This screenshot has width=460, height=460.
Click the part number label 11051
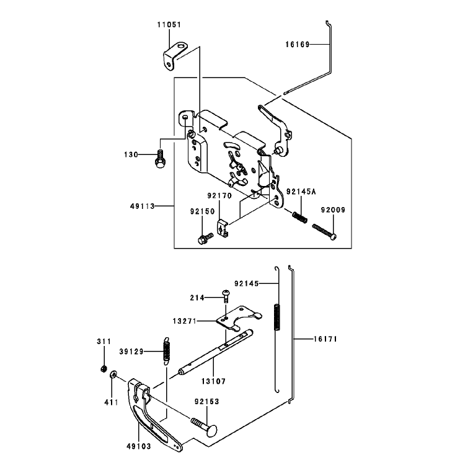(169, 25)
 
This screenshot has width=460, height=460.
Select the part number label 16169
(298, 44)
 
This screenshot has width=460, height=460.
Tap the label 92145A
(301, 192)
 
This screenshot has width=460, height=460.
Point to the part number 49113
(143, 206)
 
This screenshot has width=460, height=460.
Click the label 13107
(213, 381)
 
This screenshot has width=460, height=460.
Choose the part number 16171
(325, 339)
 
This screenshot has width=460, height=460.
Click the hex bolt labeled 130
(159, 159)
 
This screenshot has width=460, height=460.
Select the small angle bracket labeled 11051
(175, 55)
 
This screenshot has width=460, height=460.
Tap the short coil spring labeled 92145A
(300, 217)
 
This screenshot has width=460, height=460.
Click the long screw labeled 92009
(324, 231)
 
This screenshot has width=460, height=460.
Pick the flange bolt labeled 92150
(205, 238)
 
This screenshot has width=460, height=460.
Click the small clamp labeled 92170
(223, 228)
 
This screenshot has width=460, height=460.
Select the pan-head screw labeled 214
(226, 296)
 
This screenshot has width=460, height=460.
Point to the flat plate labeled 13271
(238, 318)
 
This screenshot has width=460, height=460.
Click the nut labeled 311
(103, 369)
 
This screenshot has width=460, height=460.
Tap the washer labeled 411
(113, 374)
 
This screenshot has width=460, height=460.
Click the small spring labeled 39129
(167, 350)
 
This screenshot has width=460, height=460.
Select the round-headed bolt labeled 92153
(205, 426)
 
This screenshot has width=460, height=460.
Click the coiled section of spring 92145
(277, 317)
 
